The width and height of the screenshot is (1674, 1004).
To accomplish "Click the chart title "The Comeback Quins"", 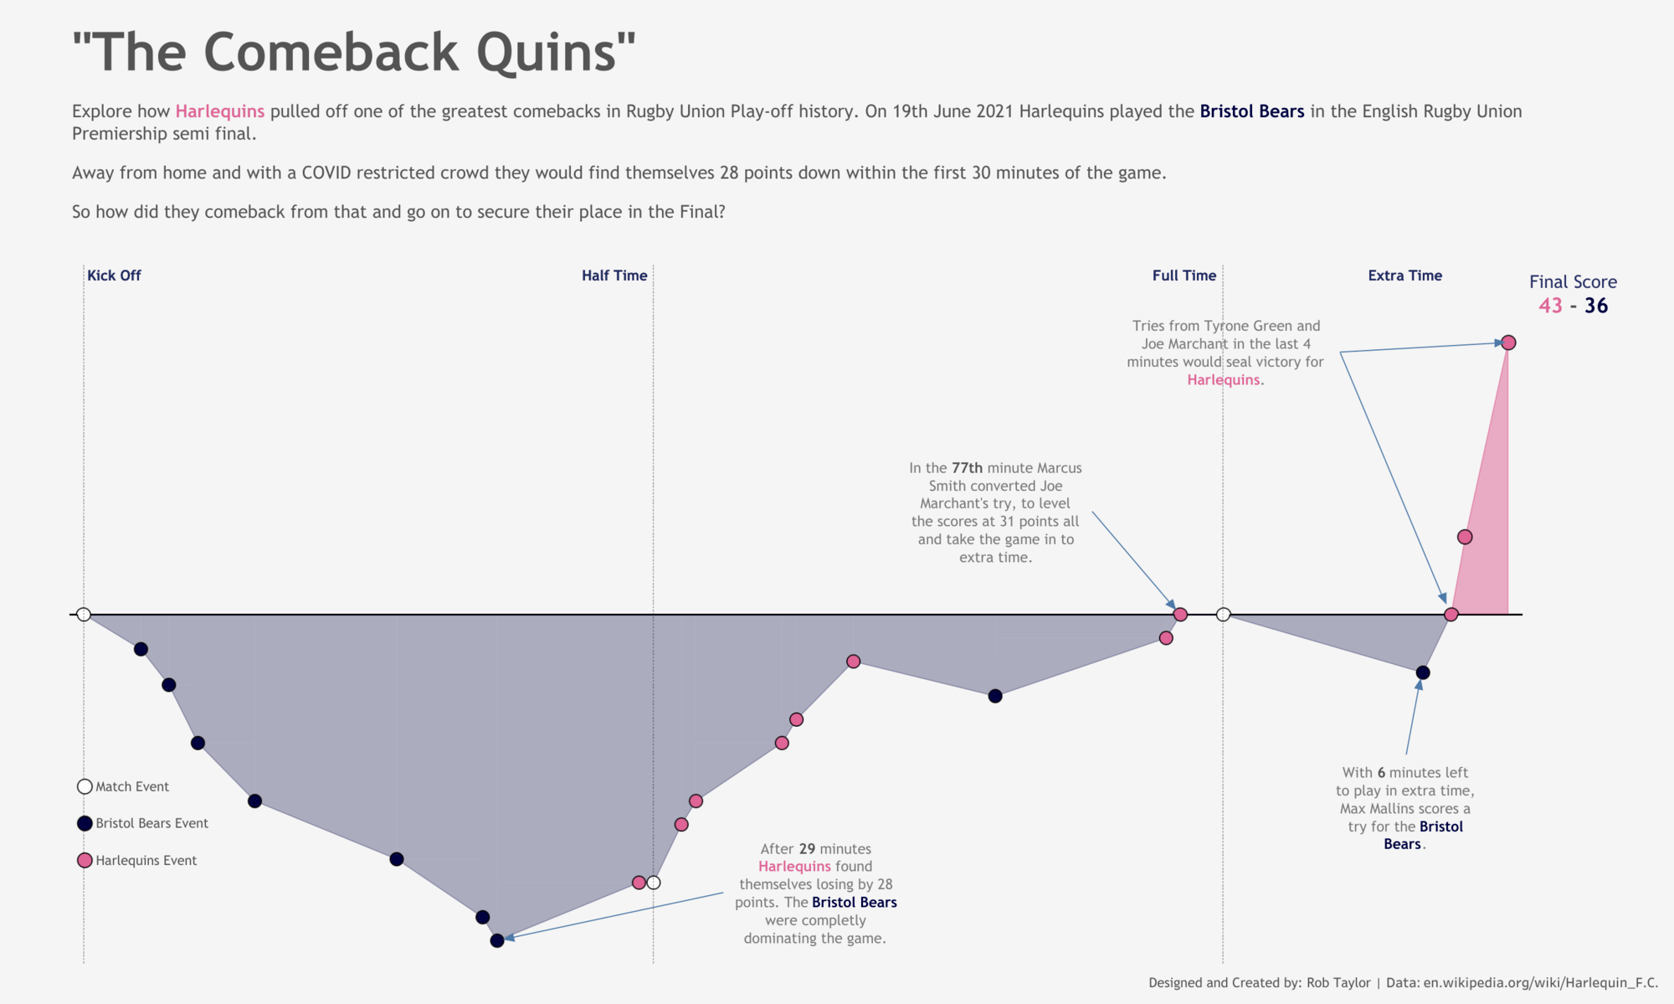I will pyautogui.click(x=353, y=52).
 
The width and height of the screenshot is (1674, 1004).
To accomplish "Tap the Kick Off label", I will pyautogui.click(x=114, y=275).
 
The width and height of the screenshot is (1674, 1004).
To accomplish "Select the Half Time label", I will pyautogui.click(x=614, y=275).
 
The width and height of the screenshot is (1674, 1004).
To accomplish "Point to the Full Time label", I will pyautogui.click(x=1184, y=275).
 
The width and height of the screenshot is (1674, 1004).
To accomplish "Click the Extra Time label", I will pyautogui.click(x=1404, y=275).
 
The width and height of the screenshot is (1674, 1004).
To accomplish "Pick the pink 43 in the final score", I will pyautogui.click(x=1550, y=306).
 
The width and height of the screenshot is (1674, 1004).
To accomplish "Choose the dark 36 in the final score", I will pyautogui.click(x=1596, y=306).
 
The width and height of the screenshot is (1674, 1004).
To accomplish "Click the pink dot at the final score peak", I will pyautogui.click(x=1508, y=342).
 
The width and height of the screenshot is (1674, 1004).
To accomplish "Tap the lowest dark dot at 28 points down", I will pyautogui.click(x=497, y=940).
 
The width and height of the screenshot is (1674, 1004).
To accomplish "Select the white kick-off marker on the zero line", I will pyautogui.click(x=84, y=615).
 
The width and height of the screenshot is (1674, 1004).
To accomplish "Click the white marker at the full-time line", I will pyautogui.click(x=1223, y=615).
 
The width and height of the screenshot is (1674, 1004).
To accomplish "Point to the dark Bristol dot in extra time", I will pyautogui.click(x=1423, y=672).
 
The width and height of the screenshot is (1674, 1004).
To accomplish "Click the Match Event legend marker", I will pyautogui.click(x=85, y=786).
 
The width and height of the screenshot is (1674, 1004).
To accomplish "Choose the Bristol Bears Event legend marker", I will pyautogui.click(x=85, y=823).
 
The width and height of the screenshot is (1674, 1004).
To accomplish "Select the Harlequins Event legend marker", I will pyautogui.click(x=85, y=860).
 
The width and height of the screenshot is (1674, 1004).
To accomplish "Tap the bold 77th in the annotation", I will pyautogui.click(x=967, y=468).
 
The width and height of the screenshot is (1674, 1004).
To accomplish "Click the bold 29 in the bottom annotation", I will pyautogui.click(x=807, y=849).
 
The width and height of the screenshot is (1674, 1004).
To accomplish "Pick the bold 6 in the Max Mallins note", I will pyautogui.click(x=1381, y=773).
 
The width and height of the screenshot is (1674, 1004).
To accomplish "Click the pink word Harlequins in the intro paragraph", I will pyautogui.click(x=219, y=111).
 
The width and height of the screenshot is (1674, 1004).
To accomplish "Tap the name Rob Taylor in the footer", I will pyautogui.click(x=1338, y=983).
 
